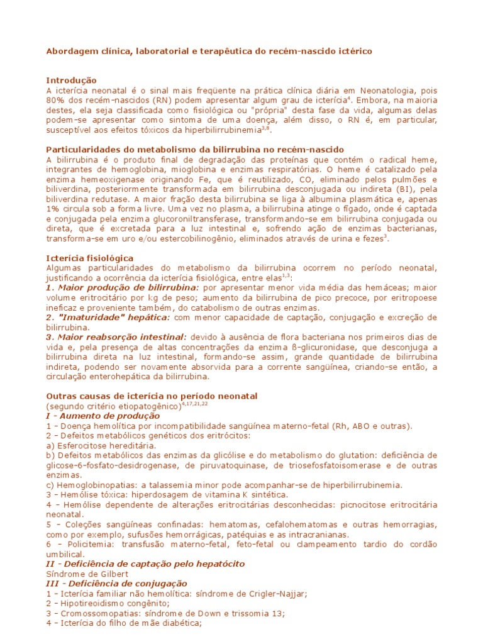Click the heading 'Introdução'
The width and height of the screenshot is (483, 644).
tap(72, 80)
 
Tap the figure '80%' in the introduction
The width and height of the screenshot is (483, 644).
tap(57, 101)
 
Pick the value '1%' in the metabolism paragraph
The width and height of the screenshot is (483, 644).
tap(53, 209)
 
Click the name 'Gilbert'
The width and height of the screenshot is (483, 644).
tap(116, 574)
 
